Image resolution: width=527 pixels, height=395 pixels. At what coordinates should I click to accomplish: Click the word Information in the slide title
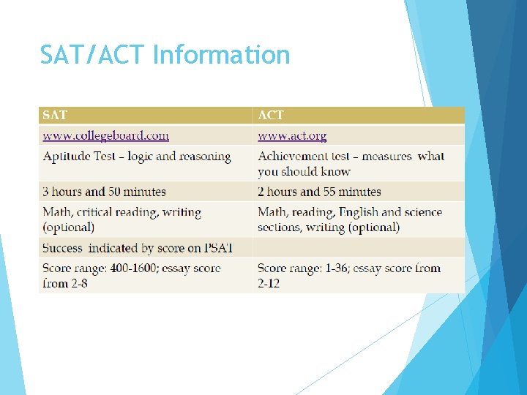[221, 55]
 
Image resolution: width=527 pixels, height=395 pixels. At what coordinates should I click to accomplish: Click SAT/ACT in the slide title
[93, 55]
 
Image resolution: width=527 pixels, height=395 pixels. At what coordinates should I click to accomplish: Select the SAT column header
[55, 115]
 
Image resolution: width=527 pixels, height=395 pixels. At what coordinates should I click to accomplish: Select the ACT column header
[271, 115]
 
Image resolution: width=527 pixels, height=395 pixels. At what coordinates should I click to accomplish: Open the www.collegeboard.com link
[105, 135]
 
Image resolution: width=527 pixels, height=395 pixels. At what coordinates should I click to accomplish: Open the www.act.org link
[292, 135]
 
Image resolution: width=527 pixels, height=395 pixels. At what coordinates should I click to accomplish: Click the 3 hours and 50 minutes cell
[104, 192]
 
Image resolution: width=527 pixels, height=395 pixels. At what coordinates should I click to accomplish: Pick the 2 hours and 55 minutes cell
[319, 192]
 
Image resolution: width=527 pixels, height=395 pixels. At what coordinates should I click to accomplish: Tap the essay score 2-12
[269, 283]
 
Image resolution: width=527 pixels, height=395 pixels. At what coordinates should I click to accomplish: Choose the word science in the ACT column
[422, 212]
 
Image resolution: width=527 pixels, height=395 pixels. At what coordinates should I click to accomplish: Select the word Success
[62, 248]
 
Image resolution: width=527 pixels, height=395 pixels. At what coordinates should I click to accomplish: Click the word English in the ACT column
[358, 212]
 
